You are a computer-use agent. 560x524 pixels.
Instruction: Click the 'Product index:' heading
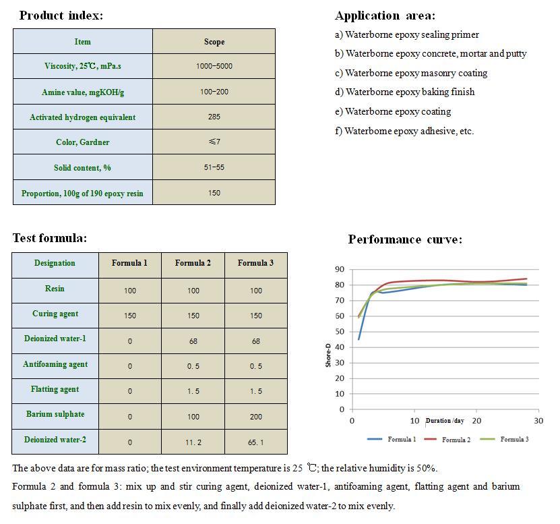click(61, 16)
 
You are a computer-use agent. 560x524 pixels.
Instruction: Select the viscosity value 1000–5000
click(214, 67)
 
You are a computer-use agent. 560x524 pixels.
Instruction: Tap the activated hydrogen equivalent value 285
click(214, 117)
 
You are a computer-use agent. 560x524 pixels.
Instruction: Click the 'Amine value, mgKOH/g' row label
click(83, 92)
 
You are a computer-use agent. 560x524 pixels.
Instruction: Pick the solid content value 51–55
click(214, 167)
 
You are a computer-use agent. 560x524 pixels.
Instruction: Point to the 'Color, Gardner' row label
click(83, 142)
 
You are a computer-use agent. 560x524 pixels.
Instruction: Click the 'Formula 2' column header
click(193, 263)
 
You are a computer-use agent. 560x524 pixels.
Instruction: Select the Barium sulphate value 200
click(255, 417)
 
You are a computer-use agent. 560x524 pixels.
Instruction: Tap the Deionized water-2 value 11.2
click(193, 442)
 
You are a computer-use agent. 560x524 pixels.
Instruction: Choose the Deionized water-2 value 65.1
click(255, 442)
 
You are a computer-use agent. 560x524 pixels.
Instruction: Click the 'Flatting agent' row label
click(55, 389)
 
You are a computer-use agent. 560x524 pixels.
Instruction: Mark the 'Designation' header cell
click(55, 263)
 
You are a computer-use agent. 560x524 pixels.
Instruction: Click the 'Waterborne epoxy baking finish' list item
click(405, 92)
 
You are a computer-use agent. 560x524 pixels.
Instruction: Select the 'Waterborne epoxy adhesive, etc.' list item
click(404, 131)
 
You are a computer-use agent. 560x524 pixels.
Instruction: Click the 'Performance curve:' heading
click(405, 239)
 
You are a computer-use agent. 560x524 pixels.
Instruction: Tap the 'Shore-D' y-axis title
click(328, 355)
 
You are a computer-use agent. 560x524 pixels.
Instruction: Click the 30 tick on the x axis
click(538, 421)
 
